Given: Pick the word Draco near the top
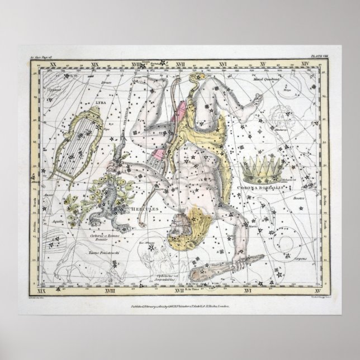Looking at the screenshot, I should coord(121,83).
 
